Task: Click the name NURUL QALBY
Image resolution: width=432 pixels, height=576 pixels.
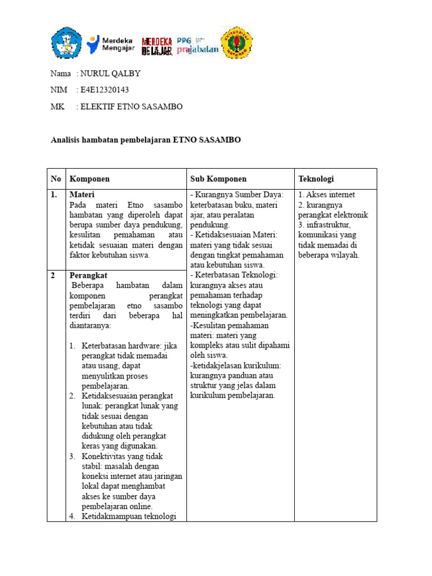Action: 110,74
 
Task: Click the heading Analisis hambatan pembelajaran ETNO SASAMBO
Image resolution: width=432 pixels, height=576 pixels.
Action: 146,139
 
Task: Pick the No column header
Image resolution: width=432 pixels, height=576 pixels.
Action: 56,179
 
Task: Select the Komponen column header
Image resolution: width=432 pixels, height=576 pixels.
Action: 89,179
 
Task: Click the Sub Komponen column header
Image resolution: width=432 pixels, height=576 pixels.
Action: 218,179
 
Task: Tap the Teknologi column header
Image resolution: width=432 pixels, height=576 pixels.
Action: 316,179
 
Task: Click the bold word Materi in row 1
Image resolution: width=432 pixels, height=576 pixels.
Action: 82,195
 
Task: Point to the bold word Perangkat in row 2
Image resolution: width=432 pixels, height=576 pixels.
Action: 88,276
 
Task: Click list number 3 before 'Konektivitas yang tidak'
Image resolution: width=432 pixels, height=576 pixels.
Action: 73,456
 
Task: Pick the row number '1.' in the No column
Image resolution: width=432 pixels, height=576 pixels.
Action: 55,195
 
